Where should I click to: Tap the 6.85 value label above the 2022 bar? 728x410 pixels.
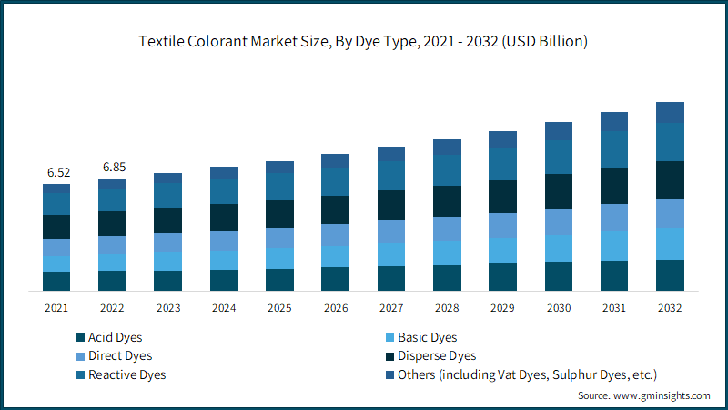pos(113,167)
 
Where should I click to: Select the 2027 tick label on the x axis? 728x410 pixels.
pos(391,308)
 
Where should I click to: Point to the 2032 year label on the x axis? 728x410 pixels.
pos(670,308)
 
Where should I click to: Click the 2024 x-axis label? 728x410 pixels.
pos(224,308)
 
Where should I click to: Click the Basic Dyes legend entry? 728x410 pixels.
pos(427,338)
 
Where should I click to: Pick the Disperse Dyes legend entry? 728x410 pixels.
pos(437,356)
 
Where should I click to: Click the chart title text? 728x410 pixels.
pos(363,41)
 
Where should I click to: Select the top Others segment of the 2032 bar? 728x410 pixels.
pos(670,112)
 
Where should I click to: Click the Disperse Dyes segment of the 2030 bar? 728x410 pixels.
pos(559,191)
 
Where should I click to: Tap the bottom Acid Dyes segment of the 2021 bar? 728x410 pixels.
pos(56,282)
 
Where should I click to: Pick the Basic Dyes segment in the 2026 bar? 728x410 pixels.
pos(335,256)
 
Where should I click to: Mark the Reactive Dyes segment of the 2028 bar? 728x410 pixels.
pos(447,170)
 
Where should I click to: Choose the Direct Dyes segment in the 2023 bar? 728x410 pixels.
pos(168,242)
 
